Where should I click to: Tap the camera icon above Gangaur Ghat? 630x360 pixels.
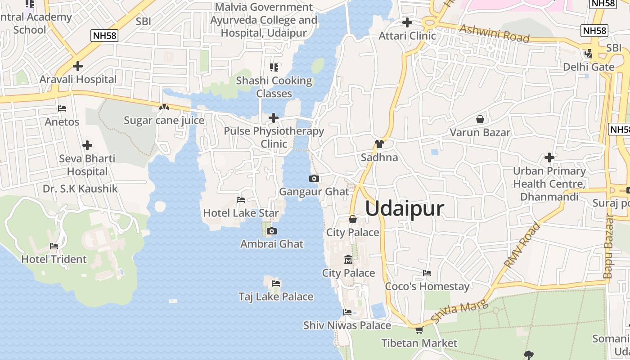(314, 179)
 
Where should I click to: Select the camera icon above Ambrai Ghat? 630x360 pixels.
(271, 231)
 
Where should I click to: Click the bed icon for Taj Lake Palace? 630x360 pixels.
(276, 283)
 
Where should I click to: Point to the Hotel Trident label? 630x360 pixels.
(54, 259)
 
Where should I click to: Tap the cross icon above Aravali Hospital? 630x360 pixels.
(78, 66)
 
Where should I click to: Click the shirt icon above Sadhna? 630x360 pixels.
(379, 144)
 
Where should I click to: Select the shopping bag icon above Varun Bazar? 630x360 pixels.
(480, 119)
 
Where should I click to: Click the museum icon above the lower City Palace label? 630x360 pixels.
(348, 260)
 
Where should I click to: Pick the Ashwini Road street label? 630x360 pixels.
(494, 33)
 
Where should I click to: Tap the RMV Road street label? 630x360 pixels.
(522, 245)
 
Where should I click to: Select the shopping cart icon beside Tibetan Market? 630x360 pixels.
(419, 330)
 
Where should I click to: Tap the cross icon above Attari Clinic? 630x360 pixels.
(407, 22)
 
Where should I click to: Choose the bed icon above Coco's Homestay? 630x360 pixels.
(427, 273)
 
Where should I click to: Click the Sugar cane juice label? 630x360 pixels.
(164, 121)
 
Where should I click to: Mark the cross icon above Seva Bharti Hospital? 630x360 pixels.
(87, 145)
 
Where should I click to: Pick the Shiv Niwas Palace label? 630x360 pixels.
(347, 325)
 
